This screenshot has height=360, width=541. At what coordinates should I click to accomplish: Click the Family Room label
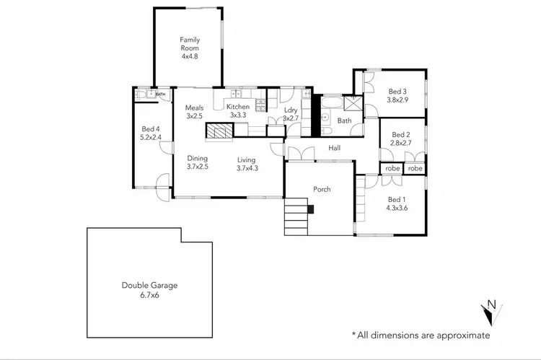(190, 43)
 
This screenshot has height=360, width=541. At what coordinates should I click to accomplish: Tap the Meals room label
(194, 107)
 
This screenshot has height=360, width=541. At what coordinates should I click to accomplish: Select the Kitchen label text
(238, 107)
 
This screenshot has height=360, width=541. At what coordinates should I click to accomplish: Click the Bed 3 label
(397, 92)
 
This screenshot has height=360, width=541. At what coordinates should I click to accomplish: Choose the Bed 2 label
(400, 135)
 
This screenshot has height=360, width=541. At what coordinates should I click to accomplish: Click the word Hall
(335, 149)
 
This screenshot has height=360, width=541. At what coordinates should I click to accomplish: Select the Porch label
(321, 189)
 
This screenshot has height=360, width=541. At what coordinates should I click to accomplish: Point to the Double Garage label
(149, 286)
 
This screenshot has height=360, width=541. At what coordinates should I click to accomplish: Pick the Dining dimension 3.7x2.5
(198, 167)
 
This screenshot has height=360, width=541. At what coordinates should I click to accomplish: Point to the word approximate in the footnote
(460, 335)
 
